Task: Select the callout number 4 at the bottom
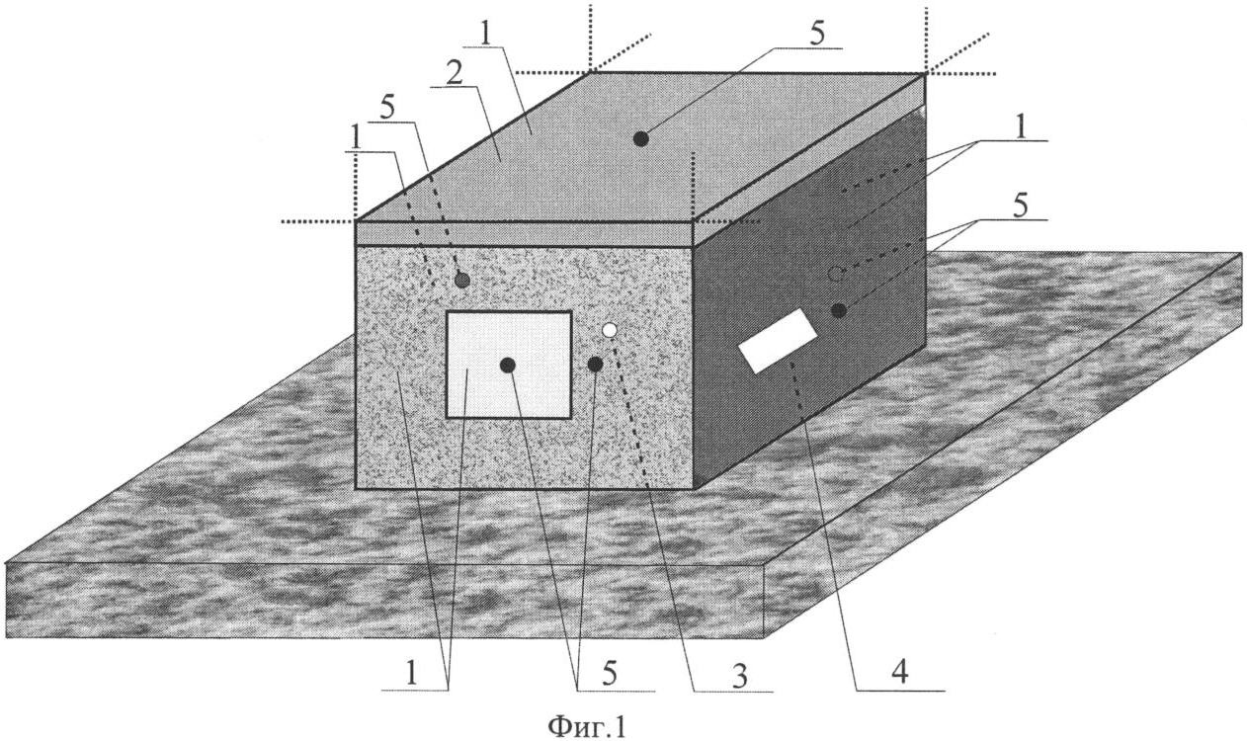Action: [x=899, y=672]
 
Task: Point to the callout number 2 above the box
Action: [x=455, y=75]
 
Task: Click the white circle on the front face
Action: [x=609, y=330]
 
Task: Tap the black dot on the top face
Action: [x=641, y=138]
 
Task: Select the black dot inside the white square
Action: [x=507, y=366]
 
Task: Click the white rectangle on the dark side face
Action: [x=777, y=341]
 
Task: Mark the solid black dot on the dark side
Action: [x=839, y=310]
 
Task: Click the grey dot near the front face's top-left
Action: [x=462, y=280]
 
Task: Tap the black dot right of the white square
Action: [x=595, y=365]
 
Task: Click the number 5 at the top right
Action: [x=816, y=34]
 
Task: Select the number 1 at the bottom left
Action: [x=411, y=673]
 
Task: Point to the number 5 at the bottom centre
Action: [x=610, y=674]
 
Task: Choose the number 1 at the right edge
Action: [x=1021, y=128]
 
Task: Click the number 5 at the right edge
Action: [x=1021, y=206]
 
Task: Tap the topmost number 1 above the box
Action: [x=486, y=34]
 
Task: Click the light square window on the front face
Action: [x=509, y=365]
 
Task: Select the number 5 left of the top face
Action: [x=387, y=109]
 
